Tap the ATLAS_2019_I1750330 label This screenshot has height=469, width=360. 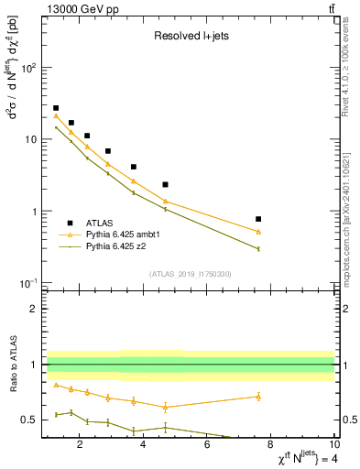click(x=189, y=274)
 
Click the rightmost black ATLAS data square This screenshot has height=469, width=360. click(x=258, y=219)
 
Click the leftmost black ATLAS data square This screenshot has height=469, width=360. click(x=56, y=108)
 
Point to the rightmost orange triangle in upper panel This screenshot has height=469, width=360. click(x=258, y=232)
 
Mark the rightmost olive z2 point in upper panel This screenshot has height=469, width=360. click(x=258, y=248)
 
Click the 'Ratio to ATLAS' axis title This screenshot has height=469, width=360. click(x=13, y=364)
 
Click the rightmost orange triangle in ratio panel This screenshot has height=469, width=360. click(x=258, y=397)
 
